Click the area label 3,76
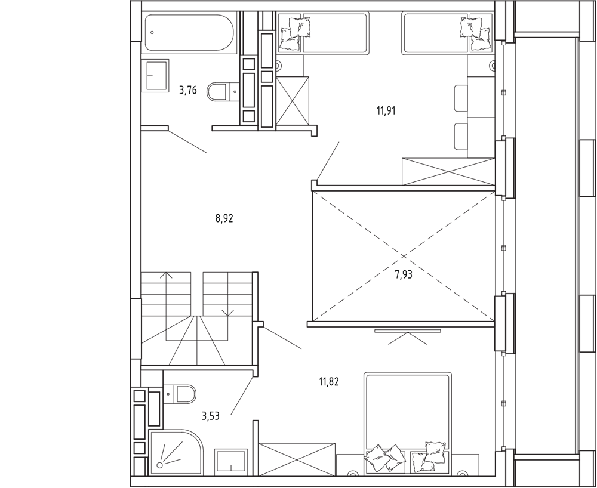pyautogui.click(x=188, y=91)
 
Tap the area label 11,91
pyautogui.click(x=386, y=111)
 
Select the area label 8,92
pyautogui.click(x=224, y=219)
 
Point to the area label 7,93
pyautogui.click(x=403, y=274)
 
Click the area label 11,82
pyautogui.click(x=328, y=381)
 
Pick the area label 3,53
pyautogui.click(x=211, y=416)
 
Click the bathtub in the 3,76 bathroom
pyautogui.click(x=190, y=33)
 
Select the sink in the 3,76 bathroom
pyautogui.click(x=155, y=75)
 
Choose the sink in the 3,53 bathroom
pyautogui.click(x=231, y=462)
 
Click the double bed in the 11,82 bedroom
pyautogui.click(x=407, y=424)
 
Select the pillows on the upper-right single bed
pyautogui.click(x=475, y=32)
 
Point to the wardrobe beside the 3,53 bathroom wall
pyautogui.click(x=297, y=459)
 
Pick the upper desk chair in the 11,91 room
pyautogui.click(x=461, y=98)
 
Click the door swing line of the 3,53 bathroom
pyautogui.click(x=242, y=395)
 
